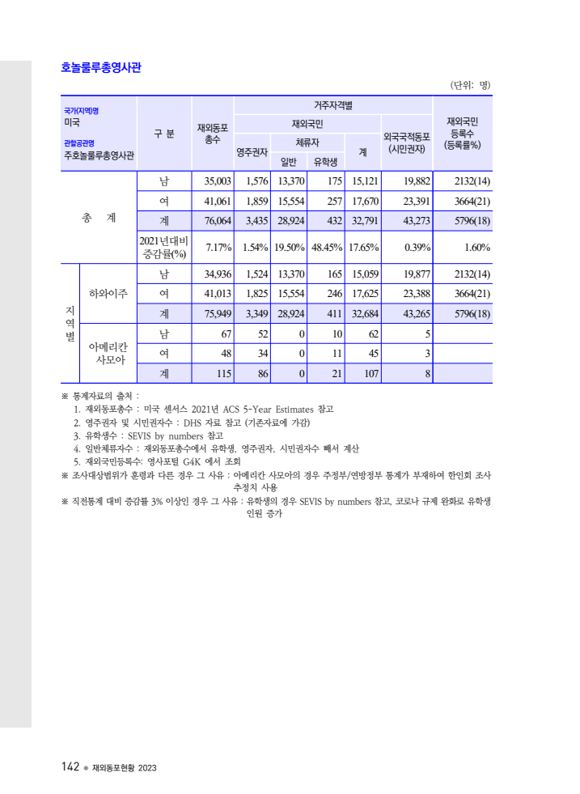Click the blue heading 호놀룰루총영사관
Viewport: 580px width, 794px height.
pyautogui.click(x=101, y=68)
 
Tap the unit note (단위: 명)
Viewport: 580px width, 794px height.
pyautogui.click(x=470, y=85)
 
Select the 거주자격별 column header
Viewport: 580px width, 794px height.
pyautogui.click(x=333, y=105)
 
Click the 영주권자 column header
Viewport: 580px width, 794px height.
pyautogui.click(x=252, y=151)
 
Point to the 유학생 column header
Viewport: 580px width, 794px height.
pyautogui.click(x=325, y=161)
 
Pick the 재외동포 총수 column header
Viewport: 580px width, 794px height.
pyautogui.click(x=213, y=134)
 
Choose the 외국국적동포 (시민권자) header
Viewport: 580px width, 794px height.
pyautogui.click(x=407, y=143)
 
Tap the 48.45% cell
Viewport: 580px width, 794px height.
pyautogui.click(x=325, y=247)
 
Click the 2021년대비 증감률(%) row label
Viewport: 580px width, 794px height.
pyautogui.click(x=163, y=247)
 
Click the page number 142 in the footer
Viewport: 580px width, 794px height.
pyautogui.click(x=70, y=766)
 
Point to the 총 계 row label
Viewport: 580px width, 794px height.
pyautogui.click(x=99, y=219)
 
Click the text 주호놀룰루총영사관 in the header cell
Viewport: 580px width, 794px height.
pyautogui.click(x=99, y=156)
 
